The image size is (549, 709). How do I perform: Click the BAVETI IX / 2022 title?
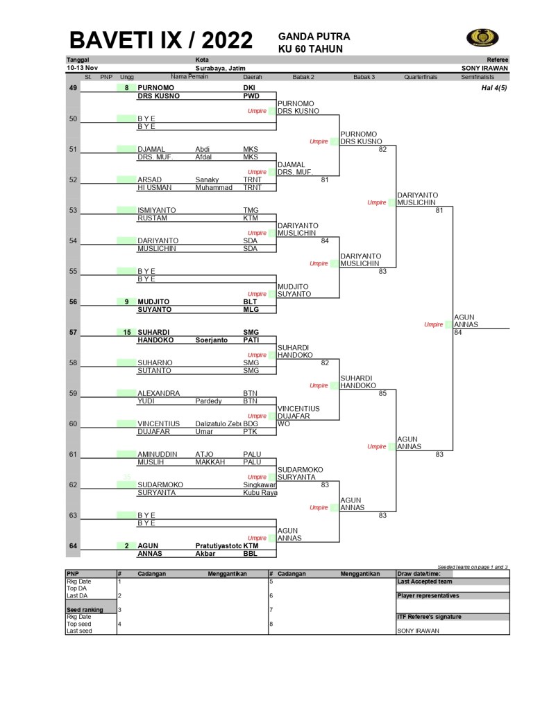point(161,40)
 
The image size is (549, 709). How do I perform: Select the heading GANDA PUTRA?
point(314,36)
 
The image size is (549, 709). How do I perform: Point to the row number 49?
point(73,88)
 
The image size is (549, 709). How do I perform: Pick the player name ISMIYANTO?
point(156,210)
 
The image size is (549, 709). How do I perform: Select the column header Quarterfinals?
point(421,77)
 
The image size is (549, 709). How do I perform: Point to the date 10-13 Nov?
point(81,69)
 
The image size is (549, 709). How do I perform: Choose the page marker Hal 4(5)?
point(494,88)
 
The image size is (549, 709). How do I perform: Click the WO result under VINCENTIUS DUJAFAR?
point(283,423)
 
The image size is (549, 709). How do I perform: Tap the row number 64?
point(73,545)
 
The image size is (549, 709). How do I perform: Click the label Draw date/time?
point(423,574)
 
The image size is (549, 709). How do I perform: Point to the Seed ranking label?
point(85,610)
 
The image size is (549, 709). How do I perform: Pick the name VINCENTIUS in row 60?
point(158,423)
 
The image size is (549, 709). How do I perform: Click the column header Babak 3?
point(364,77)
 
